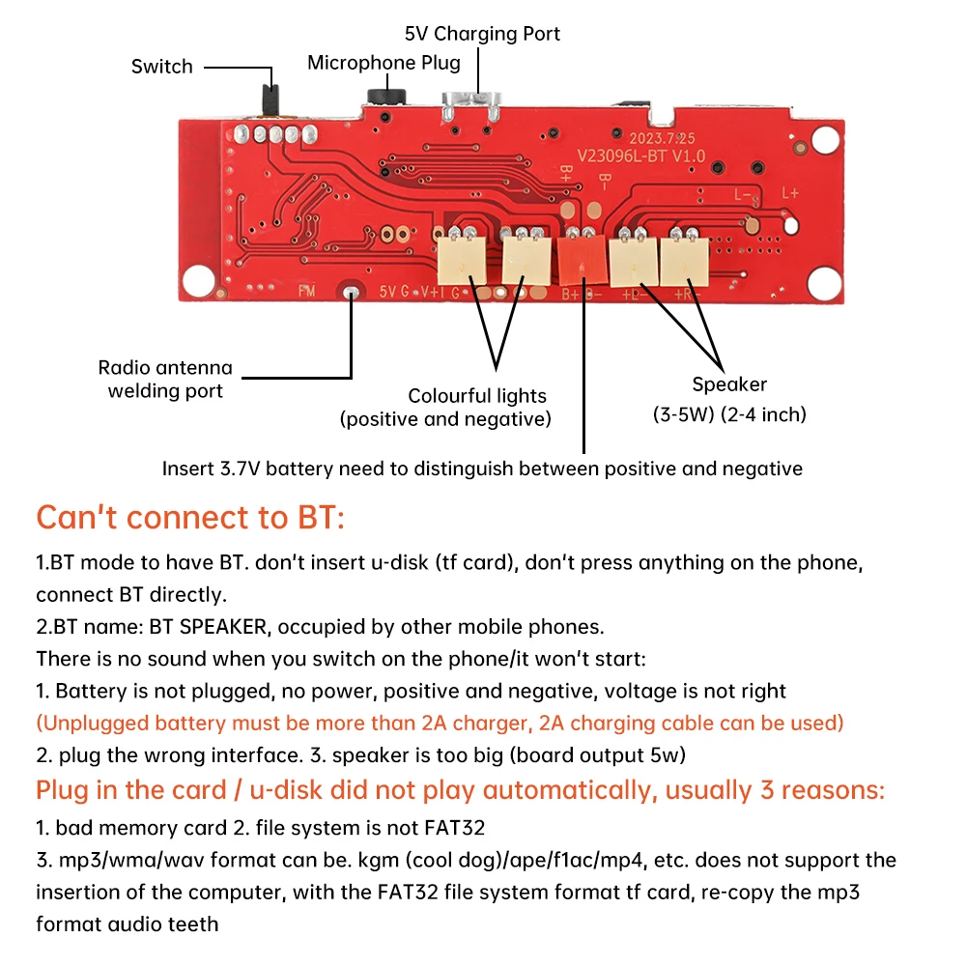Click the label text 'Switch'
162,67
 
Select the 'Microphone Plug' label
384,63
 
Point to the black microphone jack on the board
386,98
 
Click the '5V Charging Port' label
482,34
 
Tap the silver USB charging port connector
470,106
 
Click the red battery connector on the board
581,259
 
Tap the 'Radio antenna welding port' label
165,379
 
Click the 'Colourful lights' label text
477,396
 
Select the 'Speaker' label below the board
729,384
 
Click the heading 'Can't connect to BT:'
190,518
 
